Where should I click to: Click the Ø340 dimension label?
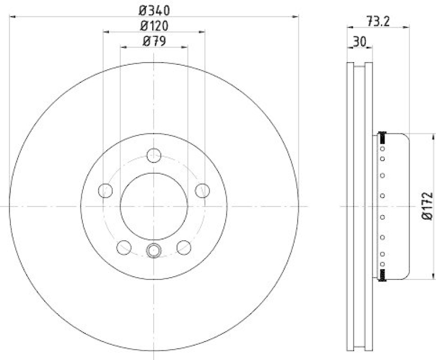(154, 9)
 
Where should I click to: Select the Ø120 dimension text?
(154, 25)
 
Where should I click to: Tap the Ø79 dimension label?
(154, 41)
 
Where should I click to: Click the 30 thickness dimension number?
(359, 41)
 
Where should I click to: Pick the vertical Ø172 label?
(427, 206)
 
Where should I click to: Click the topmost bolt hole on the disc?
(154, 156)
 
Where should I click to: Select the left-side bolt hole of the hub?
(106, 190)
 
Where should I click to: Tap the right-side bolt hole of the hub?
(202, 190)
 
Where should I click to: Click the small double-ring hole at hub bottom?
(154, 251)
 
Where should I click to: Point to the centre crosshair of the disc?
(154, 206)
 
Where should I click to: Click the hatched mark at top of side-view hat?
(383, 135)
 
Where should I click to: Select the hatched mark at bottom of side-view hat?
(383, 278)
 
